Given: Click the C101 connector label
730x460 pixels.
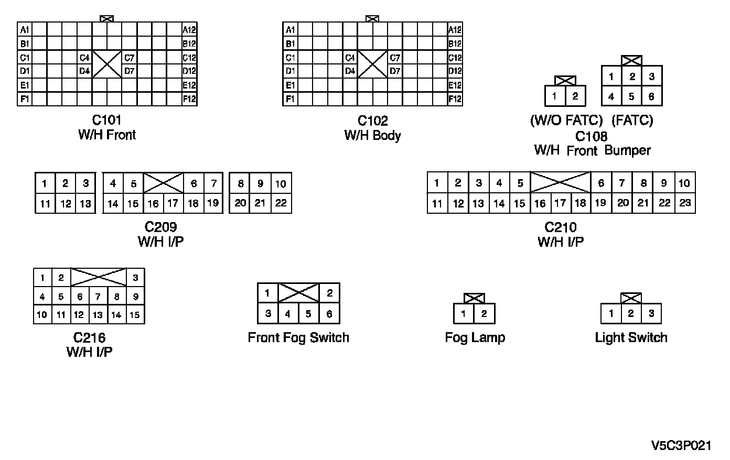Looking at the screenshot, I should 106,121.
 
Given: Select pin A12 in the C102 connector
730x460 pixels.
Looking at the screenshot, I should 455,30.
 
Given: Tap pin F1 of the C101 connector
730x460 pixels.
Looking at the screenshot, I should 25,98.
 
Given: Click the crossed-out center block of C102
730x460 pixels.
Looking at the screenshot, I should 372,64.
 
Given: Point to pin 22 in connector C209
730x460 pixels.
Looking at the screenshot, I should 281,203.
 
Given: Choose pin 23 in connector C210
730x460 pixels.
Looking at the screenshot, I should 685,203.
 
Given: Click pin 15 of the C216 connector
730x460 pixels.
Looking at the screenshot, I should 135,315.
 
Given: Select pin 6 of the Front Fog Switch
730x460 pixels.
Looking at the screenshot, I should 329,314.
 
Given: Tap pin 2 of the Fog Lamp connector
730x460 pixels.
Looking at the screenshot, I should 484,314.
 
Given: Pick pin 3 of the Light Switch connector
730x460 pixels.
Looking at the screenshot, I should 651,314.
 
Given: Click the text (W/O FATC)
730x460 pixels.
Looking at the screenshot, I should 566,121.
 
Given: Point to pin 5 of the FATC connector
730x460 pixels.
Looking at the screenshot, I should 631,96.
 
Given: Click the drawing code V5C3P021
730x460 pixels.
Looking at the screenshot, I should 681,446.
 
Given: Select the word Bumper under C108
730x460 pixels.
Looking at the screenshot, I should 627,150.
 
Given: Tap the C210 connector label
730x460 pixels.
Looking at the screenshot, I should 560,227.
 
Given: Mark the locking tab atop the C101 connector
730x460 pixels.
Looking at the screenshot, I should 106,19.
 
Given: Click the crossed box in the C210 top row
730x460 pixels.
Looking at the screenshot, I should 560,182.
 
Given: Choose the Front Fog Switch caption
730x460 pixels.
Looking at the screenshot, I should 298,337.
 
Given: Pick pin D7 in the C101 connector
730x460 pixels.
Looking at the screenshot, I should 129,71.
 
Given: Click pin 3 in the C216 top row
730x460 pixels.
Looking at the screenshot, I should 135,278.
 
